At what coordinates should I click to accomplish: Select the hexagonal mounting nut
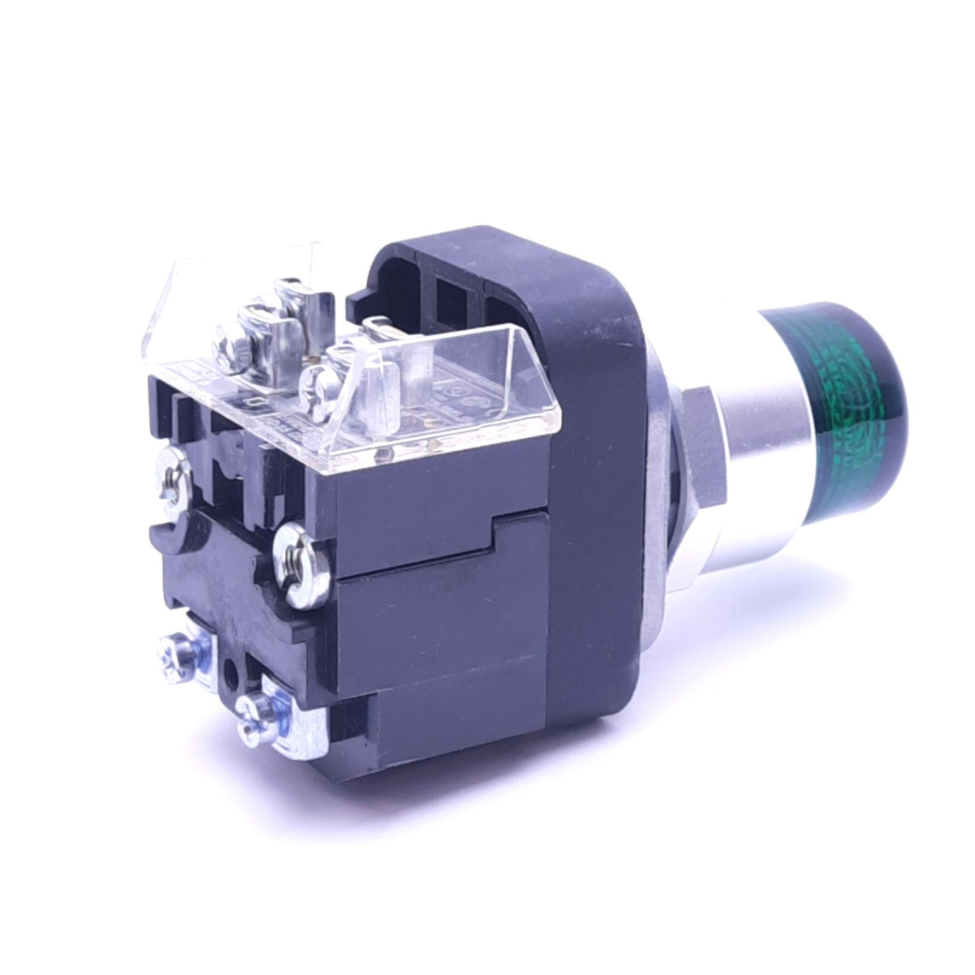click(702, 432)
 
